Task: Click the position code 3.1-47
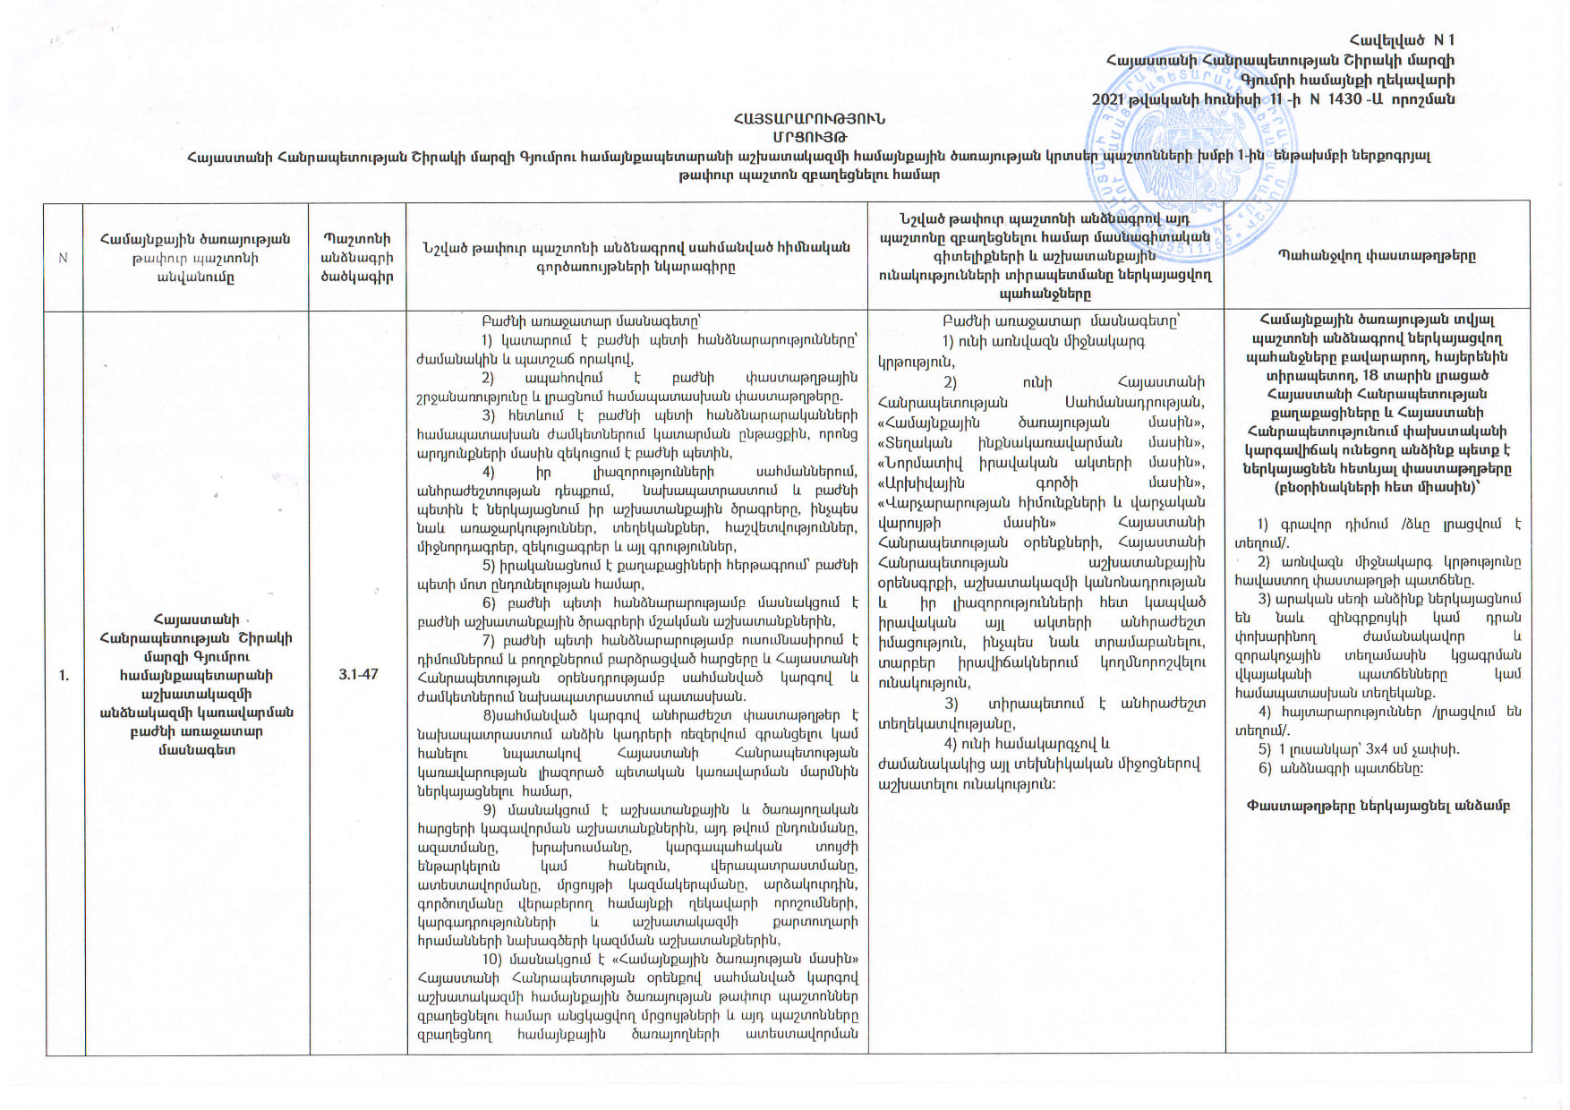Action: pos(358,674)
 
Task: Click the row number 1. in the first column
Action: pos(64,675)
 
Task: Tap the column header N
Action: pos(64,258)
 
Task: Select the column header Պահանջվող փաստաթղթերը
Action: pos(1376,256)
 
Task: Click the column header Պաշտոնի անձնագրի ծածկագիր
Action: pos(357,258)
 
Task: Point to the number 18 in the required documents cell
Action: pos(1370,375)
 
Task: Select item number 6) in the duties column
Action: pos(490,603)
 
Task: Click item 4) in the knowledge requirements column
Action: pos(951,744)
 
